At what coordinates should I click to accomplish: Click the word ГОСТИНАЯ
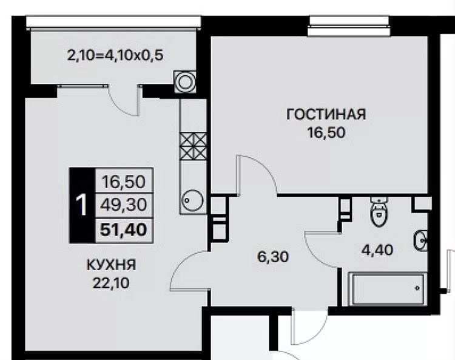point(326,114)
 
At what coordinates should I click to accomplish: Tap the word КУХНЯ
point(112,265)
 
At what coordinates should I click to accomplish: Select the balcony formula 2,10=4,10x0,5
point(115,55)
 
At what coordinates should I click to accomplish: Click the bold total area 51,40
point(123,230)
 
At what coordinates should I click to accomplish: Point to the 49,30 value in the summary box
point(123,205)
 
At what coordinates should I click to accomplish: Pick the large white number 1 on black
point(81,205)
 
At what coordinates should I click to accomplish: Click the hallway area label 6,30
point(273,257)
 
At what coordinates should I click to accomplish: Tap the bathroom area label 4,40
point(377,250)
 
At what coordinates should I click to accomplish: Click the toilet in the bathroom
point(379,211)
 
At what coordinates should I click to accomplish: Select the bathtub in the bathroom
point(388,289)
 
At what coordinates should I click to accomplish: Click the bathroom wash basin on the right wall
point(420,240)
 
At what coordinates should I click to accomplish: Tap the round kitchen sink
point(192,200)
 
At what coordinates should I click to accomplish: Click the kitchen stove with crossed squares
point(193,147)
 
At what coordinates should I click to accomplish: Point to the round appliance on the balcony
point(185,82)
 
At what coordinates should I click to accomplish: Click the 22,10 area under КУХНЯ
point(111,283)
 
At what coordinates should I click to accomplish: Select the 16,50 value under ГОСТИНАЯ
point(326,133)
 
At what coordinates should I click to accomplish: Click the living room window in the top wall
point(349,27)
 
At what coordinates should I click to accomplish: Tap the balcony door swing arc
point(123,101)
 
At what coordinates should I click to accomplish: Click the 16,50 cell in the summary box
point(123,182)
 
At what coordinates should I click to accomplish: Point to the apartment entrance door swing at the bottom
point(309,327)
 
